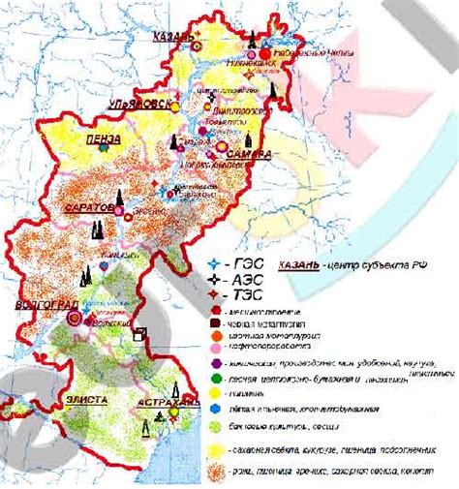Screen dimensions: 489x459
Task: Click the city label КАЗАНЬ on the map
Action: (x=174, y=37)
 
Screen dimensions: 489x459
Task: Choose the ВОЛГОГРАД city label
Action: (x=43, y=305)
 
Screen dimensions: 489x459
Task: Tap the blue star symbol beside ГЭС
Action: (x=215, y=263)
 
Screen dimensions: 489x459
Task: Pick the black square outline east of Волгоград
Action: (x=140, y=335)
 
